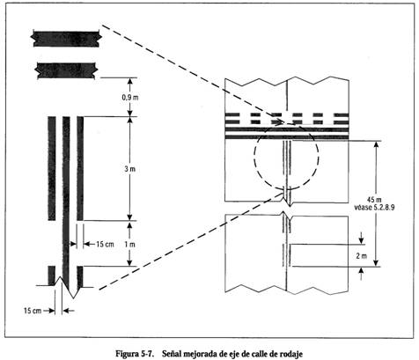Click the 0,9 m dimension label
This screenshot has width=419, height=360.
tap(130, 97)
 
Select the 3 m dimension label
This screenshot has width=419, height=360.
tap(130, 169)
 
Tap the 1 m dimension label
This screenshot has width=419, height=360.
tap(130, 244)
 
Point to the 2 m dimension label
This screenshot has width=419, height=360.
tap(362, 256)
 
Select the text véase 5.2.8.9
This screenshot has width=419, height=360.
tap(374, 208)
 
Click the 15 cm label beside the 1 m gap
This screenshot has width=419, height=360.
tap(105, 244)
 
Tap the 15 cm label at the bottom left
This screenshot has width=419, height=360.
tap(33, 311)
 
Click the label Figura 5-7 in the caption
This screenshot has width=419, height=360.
tap(135, 354)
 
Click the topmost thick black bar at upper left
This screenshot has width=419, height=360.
tap(66, 39)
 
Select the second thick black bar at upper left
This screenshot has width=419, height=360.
tap(66, 70)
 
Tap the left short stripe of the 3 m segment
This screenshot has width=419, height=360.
tap(52, 168)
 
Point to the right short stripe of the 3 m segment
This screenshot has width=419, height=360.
tap(80, 168)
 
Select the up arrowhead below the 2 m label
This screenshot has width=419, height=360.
tap(362, 271)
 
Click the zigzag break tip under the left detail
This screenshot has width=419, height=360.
tap(73, 298)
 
